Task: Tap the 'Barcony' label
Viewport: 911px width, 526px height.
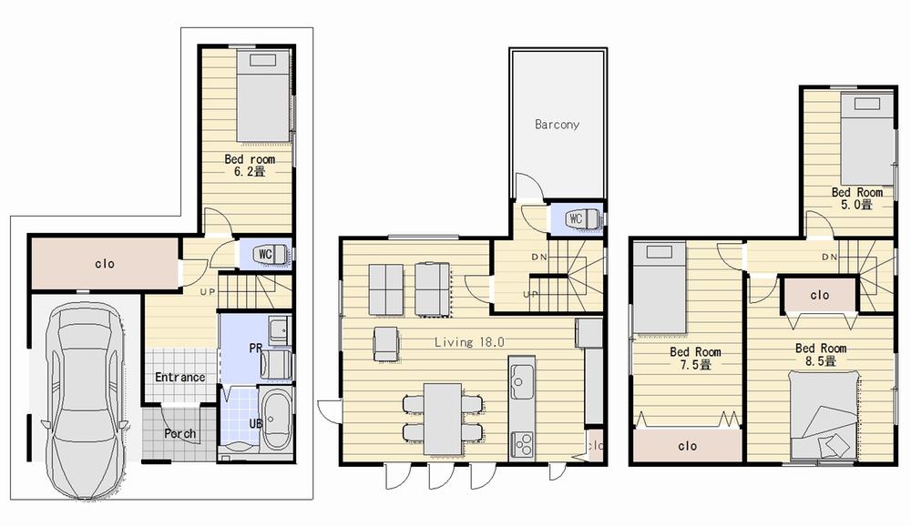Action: (x=557, y=125)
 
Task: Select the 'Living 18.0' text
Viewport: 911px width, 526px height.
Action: (x=469, y=342)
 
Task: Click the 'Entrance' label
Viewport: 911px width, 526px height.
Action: (x=179, y=377)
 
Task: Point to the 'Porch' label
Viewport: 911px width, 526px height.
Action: (x=179, y=433)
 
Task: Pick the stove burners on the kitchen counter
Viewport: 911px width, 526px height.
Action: (x=523, y=444)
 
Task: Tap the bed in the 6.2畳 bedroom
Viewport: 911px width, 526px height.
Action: (x=263, y=96)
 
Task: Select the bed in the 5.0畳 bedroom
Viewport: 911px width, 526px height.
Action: (x=866, y=138)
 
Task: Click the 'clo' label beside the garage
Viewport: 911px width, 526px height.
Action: (x=105, y=264)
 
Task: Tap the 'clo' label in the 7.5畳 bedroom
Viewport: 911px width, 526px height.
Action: (x=687, y=446)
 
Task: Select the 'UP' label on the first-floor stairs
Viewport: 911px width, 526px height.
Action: (x=208, y=291)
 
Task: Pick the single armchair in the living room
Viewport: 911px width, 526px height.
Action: (x=386, y=343)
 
